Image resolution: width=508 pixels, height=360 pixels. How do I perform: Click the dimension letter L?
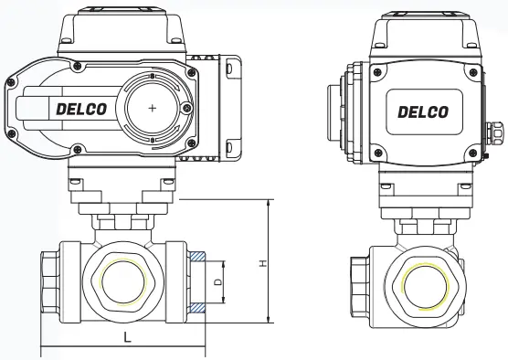click(128, 338)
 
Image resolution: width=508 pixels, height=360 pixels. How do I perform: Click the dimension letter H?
click(264, 263)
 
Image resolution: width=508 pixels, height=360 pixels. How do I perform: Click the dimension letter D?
click(218, 281)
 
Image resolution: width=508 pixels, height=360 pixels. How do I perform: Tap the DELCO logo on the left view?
click(81, 110)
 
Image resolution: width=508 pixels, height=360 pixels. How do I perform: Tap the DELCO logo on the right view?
click(423, 112)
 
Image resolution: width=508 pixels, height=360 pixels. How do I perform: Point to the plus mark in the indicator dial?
click(153, 108)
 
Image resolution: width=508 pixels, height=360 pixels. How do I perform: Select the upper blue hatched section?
click(197, 257)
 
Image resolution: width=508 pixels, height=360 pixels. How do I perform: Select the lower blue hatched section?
click(197, 308)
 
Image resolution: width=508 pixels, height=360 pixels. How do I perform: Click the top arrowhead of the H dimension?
click(269, 204)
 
